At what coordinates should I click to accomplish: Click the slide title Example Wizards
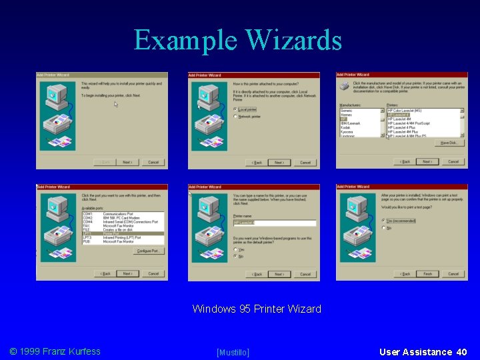[238, 40]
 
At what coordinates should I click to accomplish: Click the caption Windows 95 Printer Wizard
[257, 309]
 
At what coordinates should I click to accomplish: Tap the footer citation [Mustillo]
[233, 352]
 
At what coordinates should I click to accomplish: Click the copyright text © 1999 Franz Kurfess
[55, 351]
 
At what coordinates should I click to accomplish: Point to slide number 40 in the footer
[461, 351]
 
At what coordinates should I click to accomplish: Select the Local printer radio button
[235, 109]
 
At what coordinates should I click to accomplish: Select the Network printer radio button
[235, 117]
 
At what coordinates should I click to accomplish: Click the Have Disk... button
[448, 143]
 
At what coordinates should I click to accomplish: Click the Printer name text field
[274, 223]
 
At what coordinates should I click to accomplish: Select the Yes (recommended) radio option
[384, 221]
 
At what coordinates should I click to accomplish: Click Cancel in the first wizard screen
[153, 162]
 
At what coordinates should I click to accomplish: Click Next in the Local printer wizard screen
[279, 162]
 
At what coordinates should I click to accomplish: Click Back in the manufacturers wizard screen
[404, 161]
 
